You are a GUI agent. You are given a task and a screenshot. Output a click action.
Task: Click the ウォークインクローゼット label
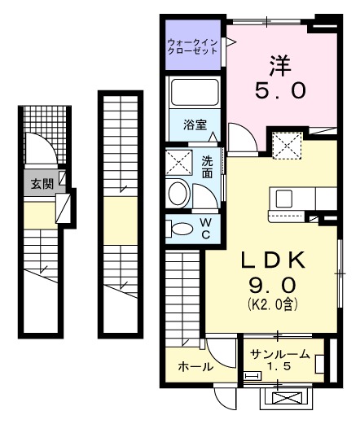(x=192, y=45)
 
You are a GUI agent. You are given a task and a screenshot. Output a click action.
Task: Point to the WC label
(x=206, y=228)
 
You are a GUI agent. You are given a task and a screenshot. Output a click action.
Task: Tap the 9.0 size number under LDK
(x=271, y=287)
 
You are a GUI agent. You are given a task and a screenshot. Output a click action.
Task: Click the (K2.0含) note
(x=271, y=308)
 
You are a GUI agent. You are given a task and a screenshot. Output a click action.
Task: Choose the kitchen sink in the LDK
(x=284, y=199)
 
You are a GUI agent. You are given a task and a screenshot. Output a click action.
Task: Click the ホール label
(x=195, y=367)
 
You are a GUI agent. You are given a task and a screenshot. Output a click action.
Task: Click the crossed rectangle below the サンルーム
(x=285, y=399)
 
